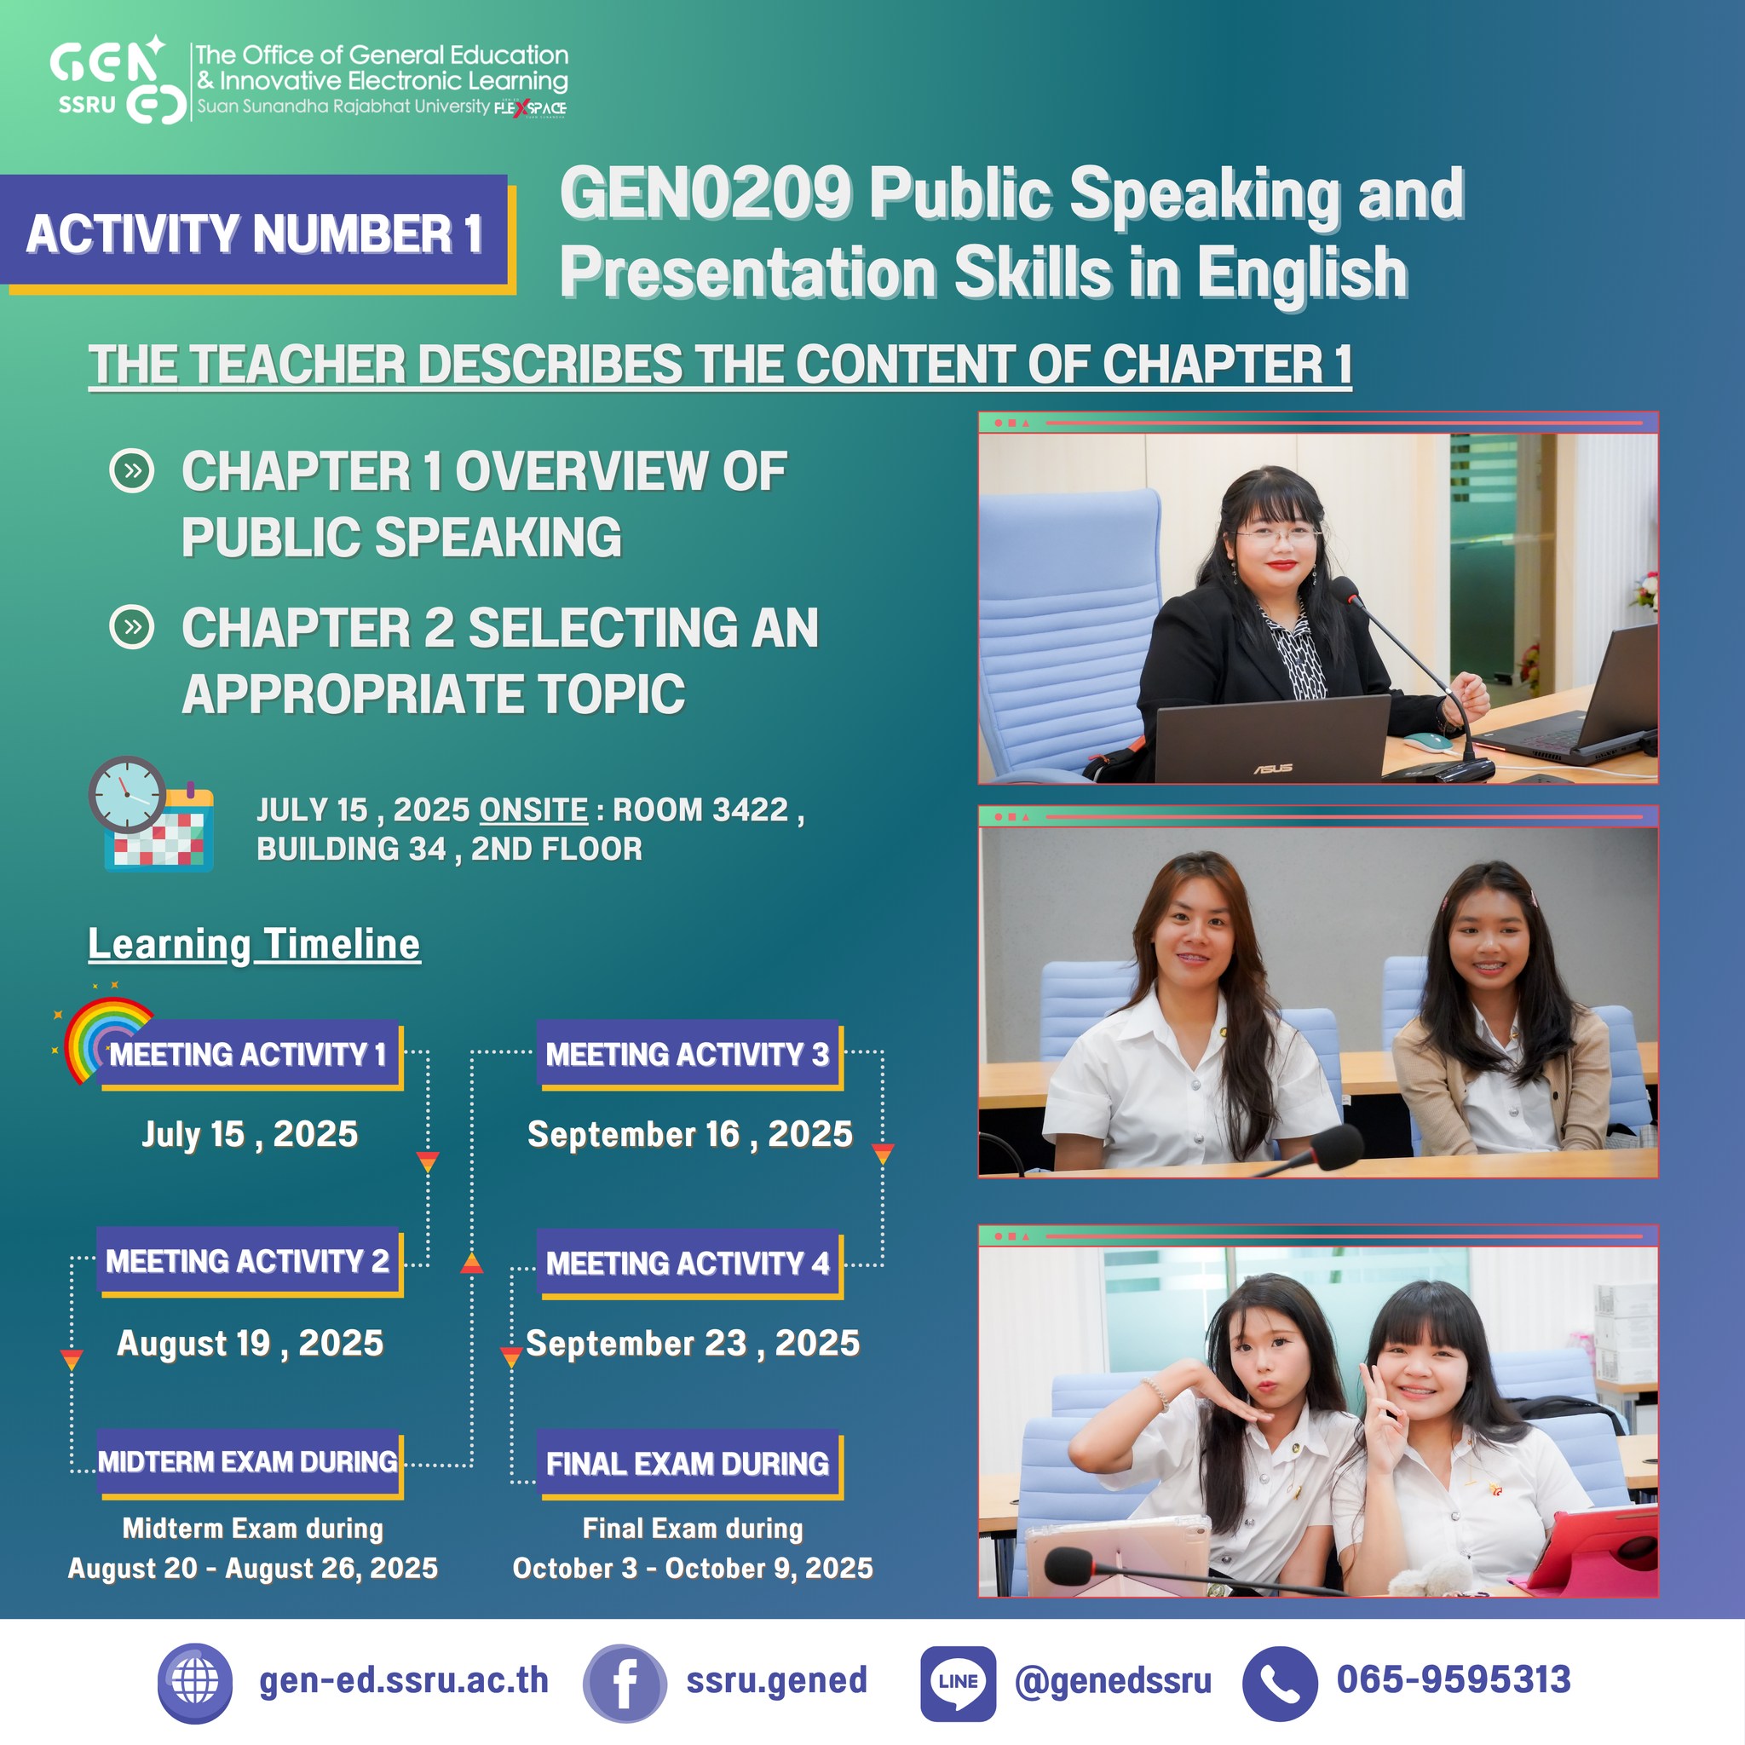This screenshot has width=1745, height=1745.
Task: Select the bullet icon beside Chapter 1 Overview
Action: [x=132, y=470]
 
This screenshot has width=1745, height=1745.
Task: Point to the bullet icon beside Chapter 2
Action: [x=132, y=627]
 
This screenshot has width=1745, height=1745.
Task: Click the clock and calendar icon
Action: [x=151, y=814]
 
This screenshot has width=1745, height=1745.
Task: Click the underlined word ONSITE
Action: [x=533, y=810]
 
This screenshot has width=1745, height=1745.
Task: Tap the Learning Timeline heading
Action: [x=254, y=945]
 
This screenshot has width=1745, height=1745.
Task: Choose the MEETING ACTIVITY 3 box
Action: [x=688, y=1054]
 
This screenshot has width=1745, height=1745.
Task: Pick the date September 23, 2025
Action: [x=693, y=1343]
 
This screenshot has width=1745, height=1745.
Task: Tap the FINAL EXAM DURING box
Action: [x=688, y=1463]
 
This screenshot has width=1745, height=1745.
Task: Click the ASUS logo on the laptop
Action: [x=1273, y=769]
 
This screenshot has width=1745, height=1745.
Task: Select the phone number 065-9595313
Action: [x=1454, y=1680]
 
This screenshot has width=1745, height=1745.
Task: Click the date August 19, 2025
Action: [x=251, y=1343]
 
